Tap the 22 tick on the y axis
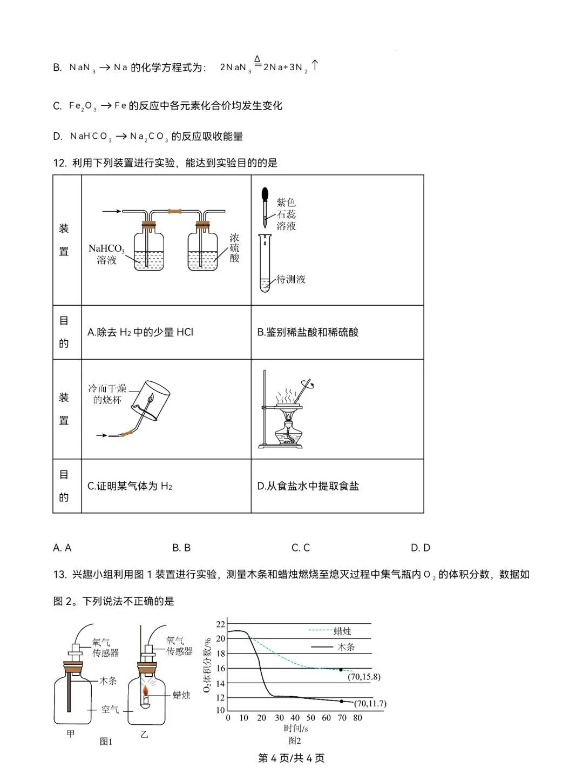[x=220, y=624]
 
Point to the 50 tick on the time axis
[x=310, y=718]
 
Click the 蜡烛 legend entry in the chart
[x=342, y=631]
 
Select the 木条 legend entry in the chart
[x=345, y=647]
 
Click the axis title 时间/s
[x=296, y=728]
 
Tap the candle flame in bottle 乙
[x=145, y=690]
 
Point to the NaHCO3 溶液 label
[x=106, y=254]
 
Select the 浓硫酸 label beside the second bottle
[x=234, y=248]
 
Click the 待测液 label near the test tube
[x=291, y=279]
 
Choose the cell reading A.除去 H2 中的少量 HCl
[x=140, y=332]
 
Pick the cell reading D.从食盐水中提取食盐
[x=308, y=486]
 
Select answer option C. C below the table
[x=301, y=548]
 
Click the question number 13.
[x=60, y=575]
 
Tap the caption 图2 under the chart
[x=294, y=741]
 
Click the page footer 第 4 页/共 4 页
[x=291, y=758]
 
